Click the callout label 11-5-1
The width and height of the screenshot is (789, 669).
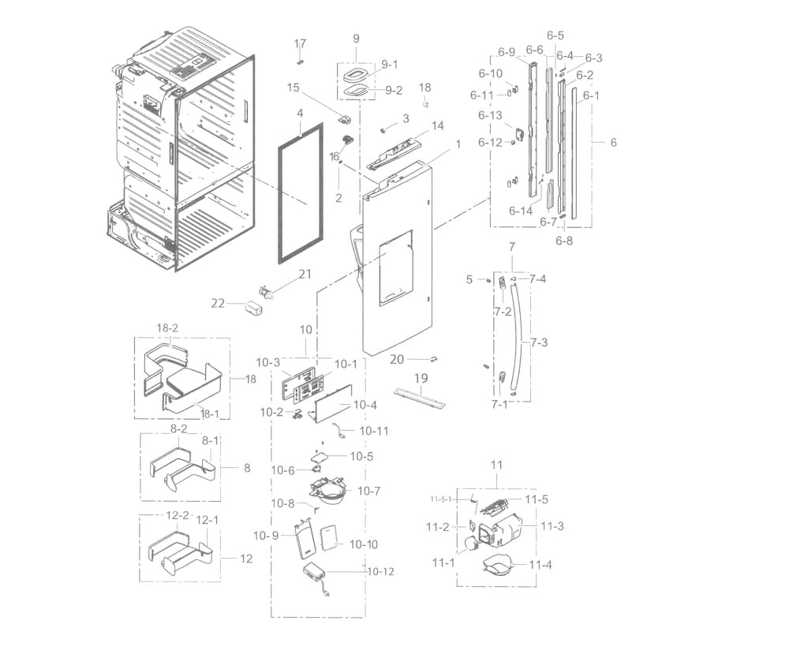441,499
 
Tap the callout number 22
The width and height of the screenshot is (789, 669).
219,303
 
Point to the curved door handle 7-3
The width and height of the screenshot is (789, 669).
521,339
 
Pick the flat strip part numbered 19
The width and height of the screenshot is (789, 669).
420,396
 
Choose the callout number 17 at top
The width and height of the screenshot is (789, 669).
300,43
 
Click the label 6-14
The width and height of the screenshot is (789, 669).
522,211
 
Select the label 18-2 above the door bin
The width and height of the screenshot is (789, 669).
167,328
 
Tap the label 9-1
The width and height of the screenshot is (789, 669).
390,64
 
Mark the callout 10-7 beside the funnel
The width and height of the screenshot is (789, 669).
368,491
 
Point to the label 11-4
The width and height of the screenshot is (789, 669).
540,565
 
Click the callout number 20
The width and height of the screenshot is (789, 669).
397,359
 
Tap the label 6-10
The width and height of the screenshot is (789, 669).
490,73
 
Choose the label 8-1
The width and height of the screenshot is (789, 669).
210,441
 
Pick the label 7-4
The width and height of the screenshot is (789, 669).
537,278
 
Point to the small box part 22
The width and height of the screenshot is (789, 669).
254,308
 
